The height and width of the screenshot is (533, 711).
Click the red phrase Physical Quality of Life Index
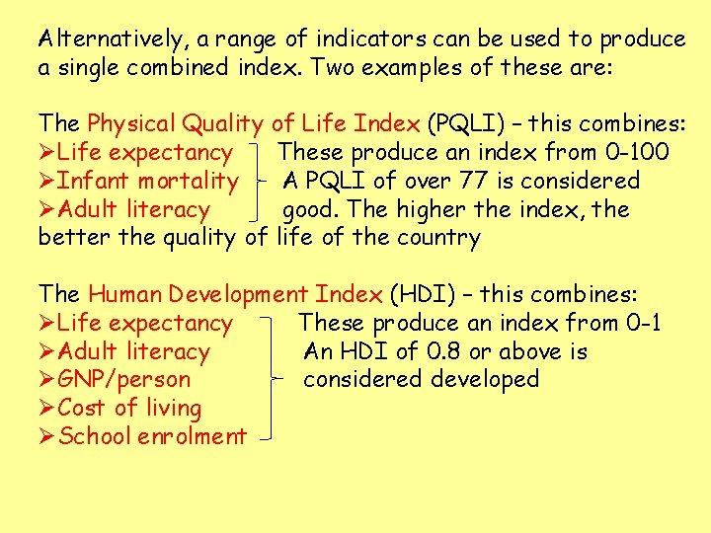tap(253, 124)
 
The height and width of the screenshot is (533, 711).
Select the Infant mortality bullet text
tap(147, 182)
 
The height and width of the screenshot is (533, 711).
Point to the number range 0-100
tap(636, 153)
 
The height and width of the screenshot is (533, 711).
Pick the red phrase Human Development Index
tap(235, 294)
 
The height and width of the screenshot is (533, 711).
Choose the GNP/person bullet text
tap(124, 380)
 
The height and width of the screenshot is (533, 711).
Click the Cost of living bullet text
tap(129, 409)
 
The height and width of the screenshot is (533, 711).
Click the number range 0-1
tap(643, 323)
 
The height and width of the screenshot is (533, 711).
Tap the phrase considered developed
tap(422, 380)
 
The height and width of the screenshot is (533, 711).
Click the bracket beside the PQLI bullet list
tap(260, 182)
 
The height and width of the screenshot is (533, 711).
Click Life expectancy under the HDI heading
tap(145, 323)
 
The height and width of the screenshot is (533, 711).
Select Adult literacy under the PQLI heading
tap(133, 210)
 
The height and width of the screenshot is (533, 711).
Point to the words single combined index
tap(141, 68)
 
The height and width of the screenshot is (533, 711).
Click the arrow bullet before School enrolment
tap(46, 436)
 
